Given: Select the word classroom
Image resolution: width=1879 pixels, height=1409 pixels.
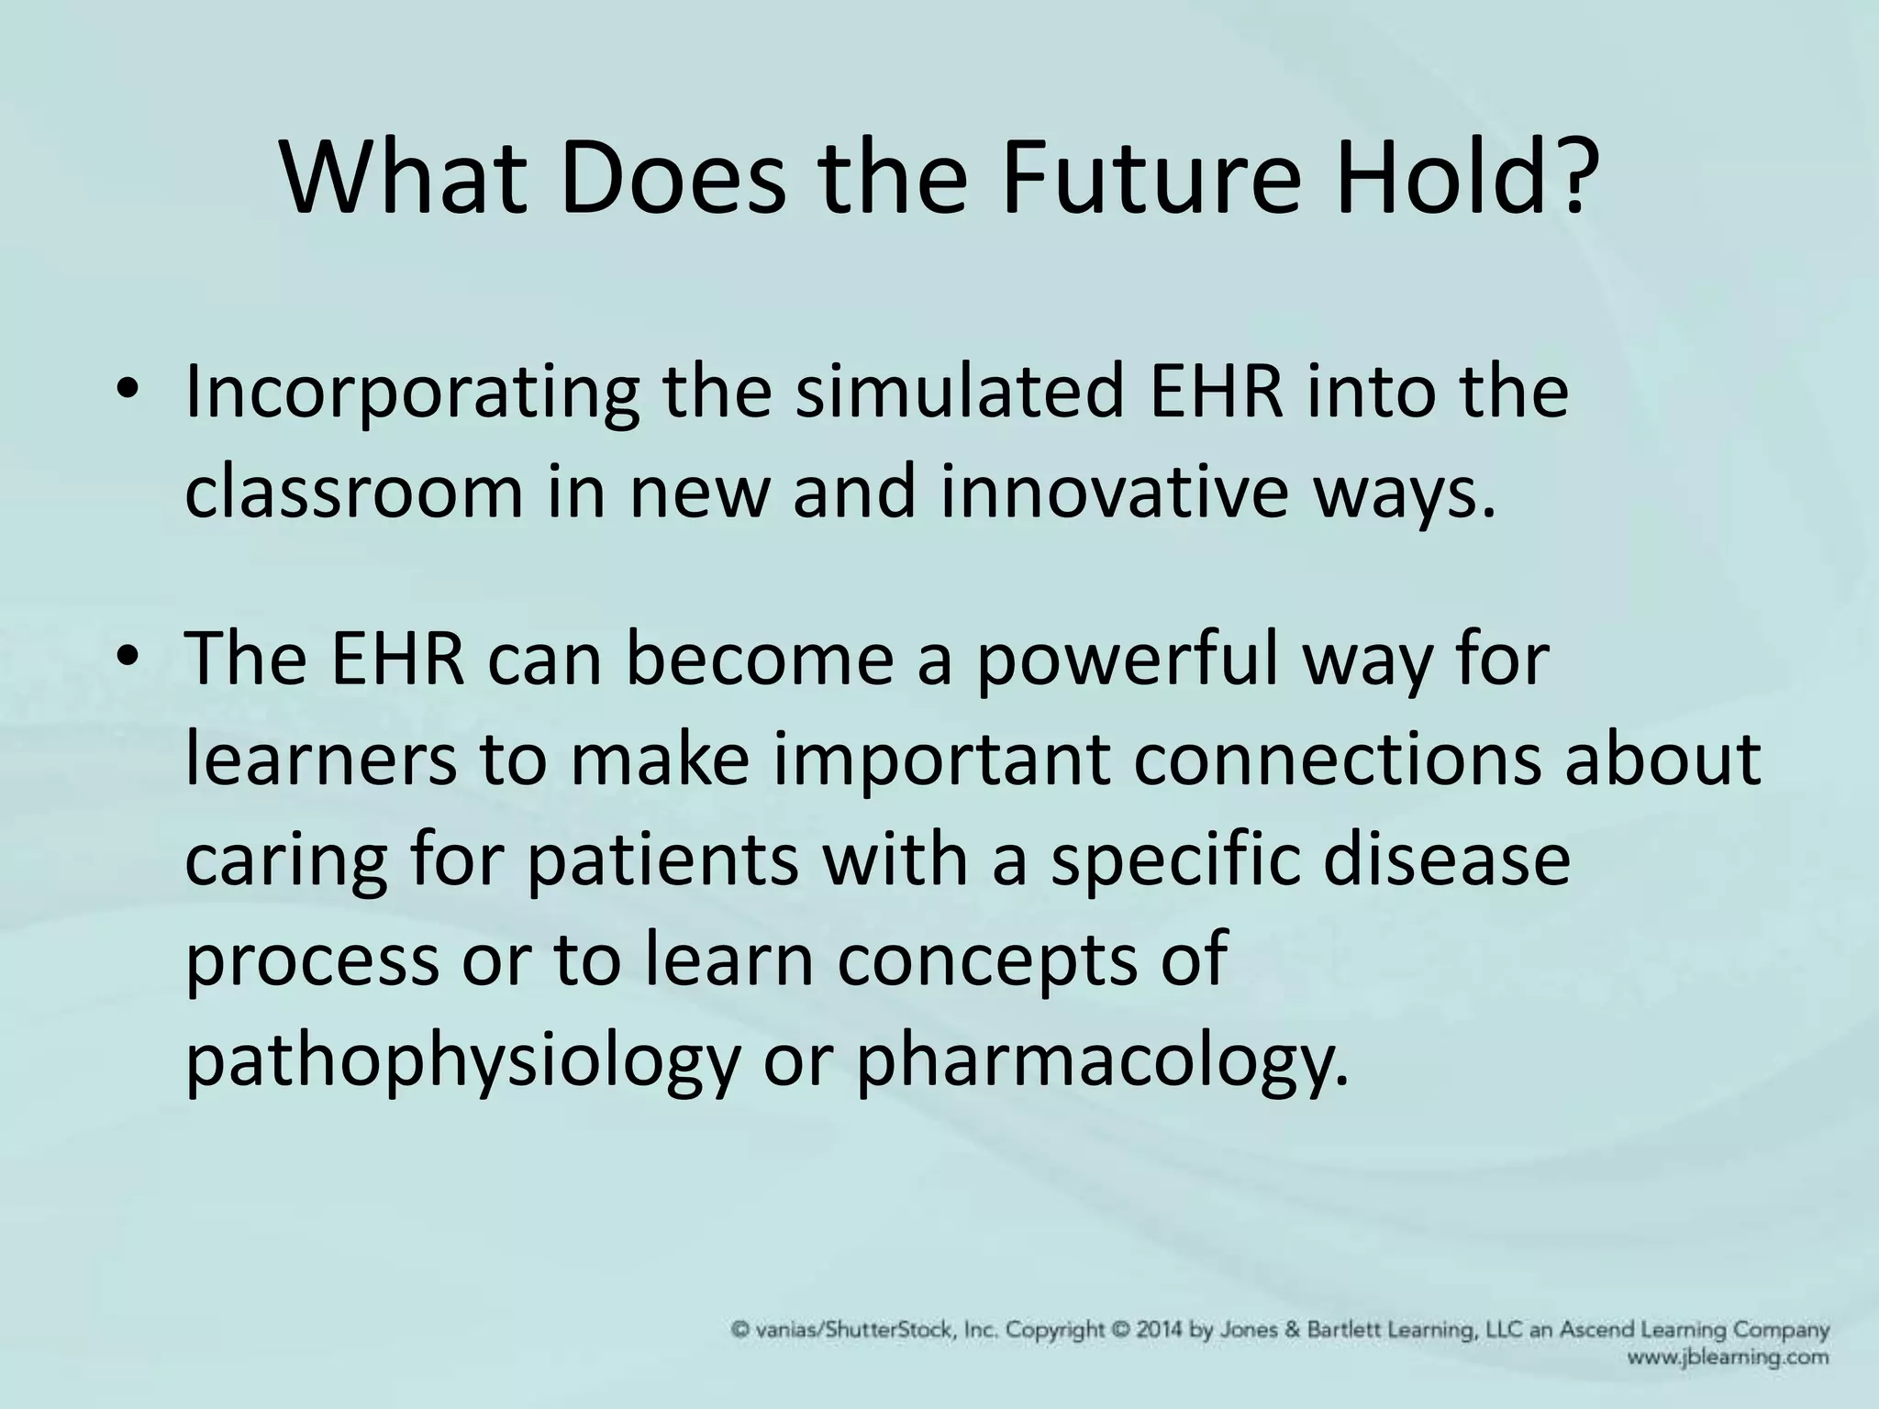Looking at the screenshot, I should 354,493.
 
